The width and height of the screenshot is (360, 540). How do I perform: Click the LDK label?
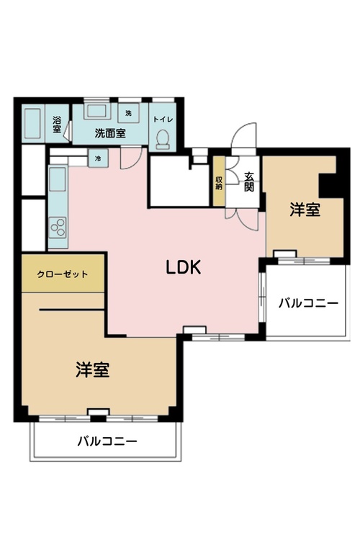coord(184,267)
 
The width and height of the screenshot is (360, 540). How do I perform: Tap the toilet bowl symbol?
coord(163,140)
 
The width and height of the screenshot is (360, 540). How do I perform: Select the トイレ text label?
coord(163,119)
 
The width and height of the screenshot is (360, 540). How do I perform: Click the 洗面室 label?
coord(110,133)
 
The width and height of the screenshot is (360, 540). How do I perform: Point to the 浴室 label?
coord(57,125)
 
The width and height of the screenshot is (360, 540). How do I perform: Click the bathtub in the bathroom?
coord(33,125)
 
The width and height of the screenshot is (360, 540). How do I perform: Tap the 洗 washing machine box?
coord(128,113)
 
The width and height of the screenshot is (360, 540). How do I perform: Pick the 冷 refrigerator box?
coord(98,158)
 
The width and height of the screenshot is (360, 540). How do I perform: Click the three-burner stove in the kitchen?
coord(58,228)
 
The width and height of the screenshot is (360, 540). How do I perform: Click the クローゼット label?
coord(63,274)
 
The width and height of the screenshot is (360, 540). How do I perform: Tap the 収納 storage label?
coord(219,183)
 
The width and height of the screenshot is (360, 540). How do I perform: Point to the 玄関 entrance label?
coord(248,181)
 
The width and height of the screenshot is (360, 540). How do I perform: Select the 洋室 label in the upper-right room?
coord(305,210)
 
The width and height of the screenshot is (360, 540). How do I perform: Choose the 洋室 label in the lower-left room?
coord(93,369)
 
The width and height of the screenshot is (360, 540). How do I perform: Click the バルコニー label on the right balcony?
coord(309,303)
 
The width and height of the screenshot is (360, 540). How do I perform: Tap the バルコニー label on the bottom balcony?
coord(107,441)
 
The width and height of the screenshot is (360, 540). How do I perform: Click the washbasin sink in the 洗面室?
coord(96,111)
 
